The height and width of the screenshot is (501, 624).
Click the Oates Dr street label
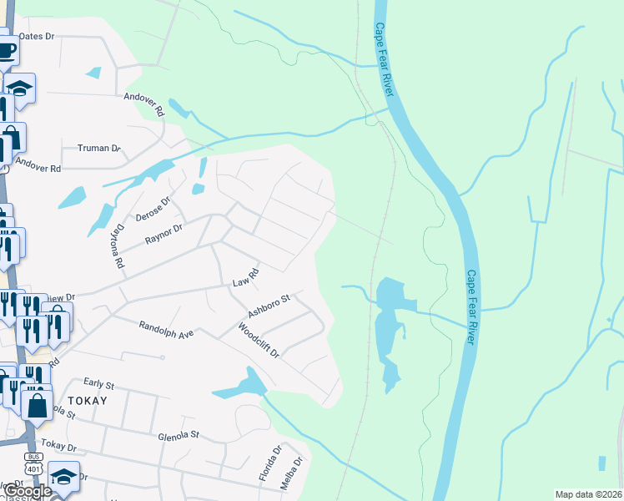(x=36, y=37)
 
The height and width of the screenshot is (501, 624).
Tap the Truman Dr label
(x=99, y=149)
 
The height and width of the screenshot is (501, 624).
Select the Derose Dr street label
(x=153, y=207)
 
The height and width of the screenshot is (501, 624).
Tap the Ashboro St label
(x=268, y=306)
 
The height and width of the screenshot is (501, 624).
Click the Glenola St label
(x=179, y=435)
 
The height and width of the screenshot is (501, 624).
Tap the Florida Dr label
(x=270, y=462)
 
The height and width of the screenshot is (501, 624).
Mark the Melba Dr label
(x=289, y=473)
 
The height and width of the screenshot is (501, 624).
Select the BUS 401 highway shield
(x=34, y=463)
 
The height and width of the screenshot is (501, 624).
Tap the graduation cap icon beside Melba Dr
(x=63, y=475)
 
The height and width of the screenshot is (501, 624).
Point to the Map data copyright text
(x=587, y=494)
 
